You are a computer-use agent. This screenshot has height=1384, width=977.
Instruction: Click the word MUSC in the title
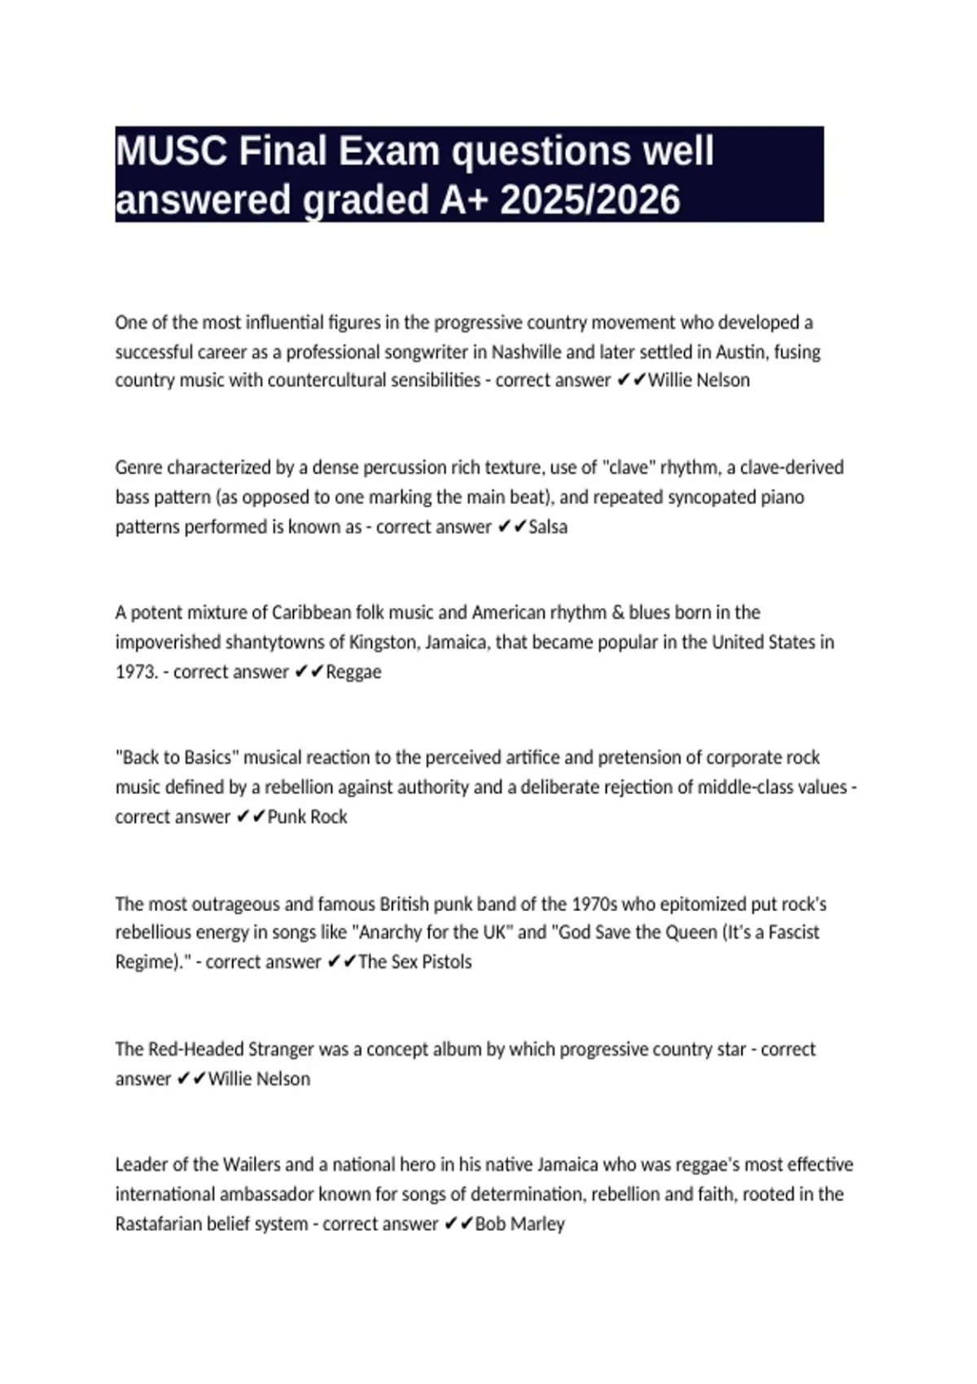pos(171,151)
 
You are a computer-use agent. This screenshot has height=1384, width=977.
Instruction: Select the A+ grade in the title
pos(464,200)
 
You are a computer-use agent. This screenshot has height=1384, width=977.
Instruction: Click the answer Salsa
pos(548,527)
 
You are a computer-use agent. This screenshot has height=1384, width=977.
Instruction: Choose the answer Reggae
pos(353,672)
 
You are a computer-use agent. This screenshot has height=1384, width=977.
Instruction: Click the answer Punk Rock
pos(308,817)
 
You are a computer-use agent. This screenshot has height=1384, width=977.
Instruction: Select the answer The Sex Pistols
pos(415,961)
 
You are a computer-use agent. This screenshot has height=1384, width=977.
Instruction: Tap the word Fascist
pos(785,932)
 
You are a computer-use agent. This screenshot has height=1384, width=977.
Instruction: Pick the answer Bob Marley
pos(519,1224)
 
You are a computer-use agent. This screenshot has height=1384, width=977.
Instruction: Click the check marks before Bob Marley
pos(458,1224)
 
